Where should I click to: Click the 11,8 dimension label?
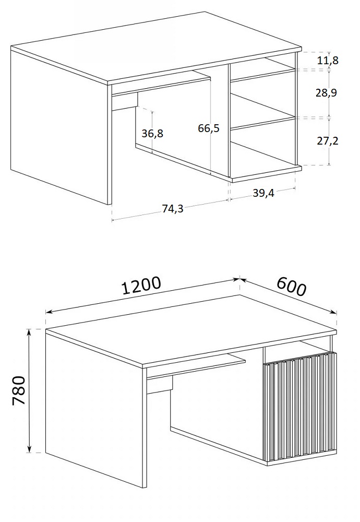(328, 60)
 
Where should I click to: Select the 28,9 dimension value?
(326, 92)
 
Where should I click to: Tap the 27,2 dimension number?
(328, 141)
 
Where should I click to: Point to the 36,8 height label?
(152, 134)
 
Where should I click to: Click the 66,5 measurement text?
(209, 128)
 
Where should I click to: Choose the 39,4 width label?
(263, 193)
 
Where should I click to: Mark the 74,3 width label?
(172, 208)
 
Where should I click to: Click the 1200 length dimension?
(141, 286)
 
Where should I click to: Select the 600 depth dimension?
(291, 286)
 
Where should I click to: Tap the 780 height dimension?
(19, 390)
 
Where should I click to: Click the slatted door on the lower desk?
(300, 408)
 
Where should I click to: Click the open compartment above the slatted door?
(296, 353)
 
